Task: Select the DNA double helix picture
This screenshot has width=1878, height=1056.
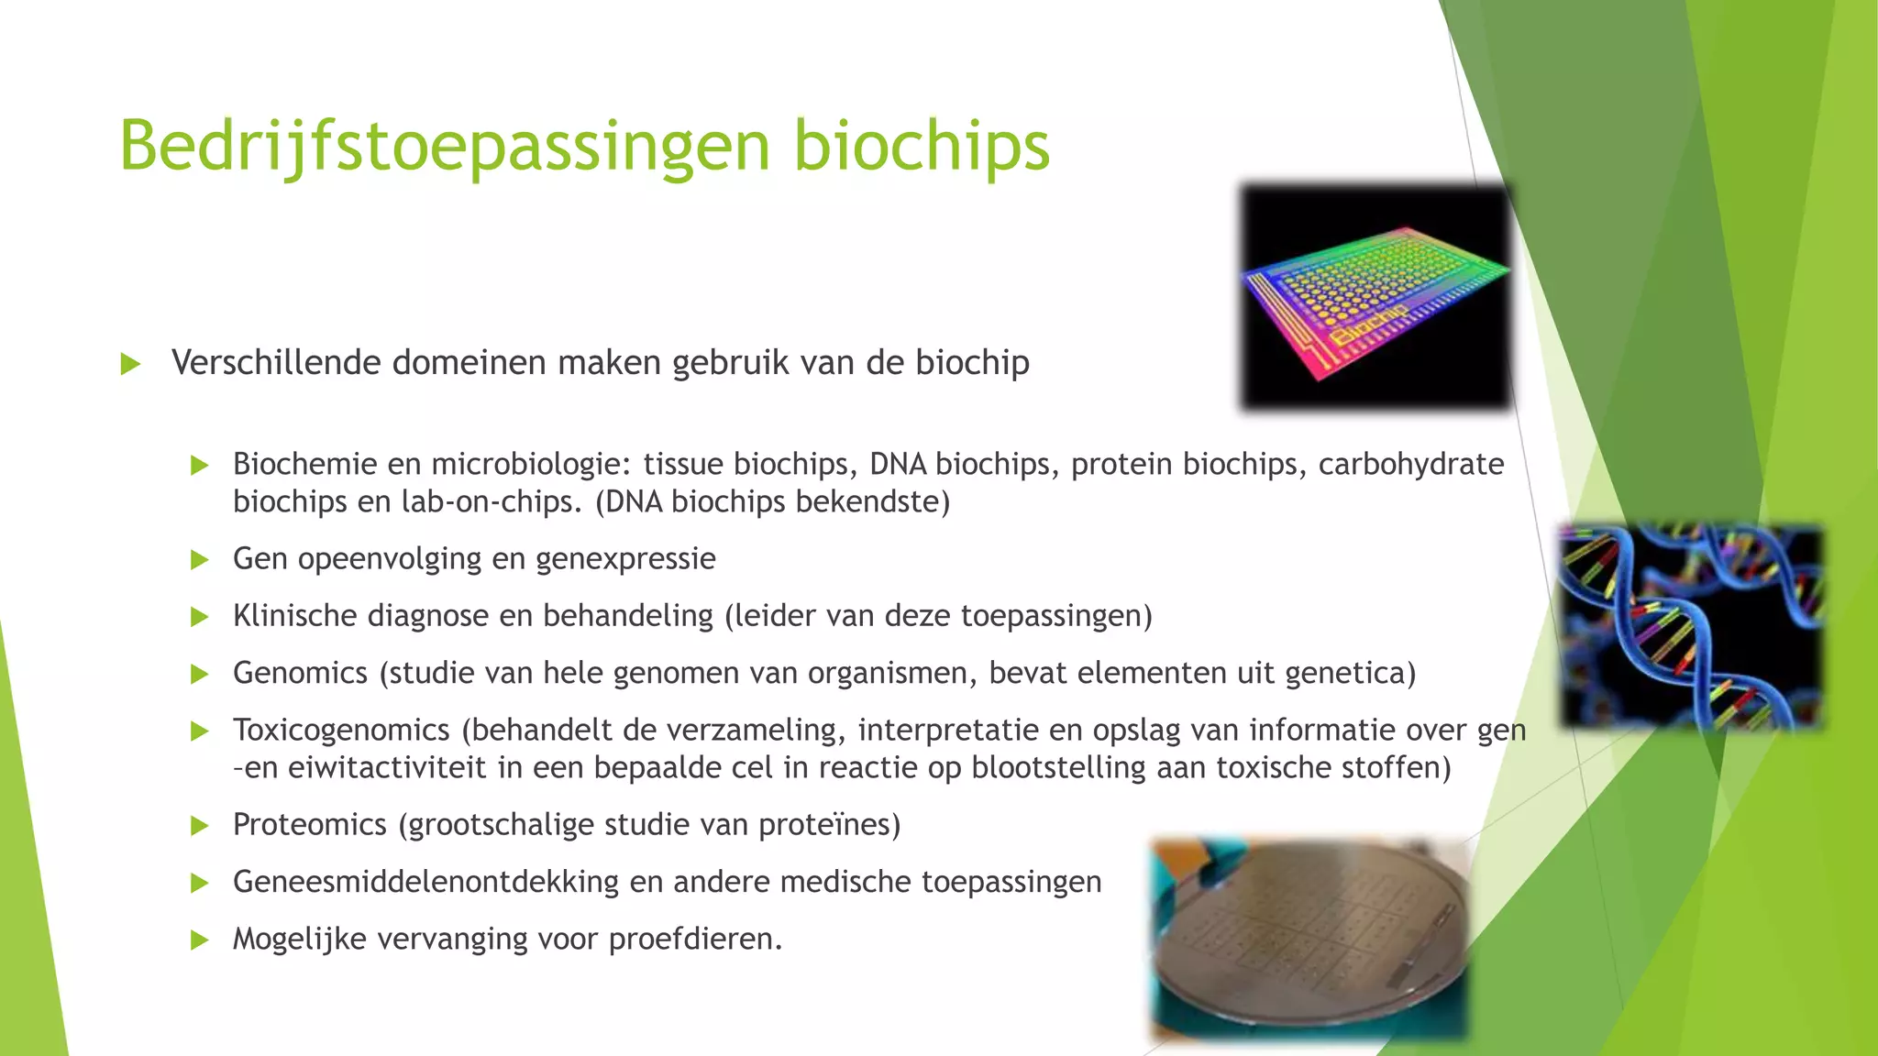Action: click(1692, 626)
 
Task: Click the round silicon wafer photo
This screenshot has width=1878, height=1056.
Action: click(1309, 940)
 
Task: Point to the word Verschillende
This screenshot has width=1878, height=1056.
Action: click(276, 363)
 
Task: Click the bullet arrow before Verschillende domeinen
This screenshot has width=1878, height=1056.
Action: click(130, 364)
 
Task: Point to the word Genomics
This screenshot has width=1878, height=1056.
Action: click(300, 673)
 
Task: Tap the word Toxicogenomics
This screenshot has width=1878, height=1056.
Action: click(341, 730)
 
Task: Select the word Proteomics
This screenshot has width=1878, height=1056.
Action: click(309, 824)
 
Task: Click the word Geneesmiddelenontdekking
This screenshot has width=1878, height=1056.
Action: click(425, 882)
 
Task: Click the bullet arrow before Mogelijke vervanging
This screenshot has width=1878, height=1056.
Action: click(200, 940)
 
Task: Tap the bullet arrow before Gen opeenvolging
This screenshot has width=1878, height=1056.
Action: click(200, 559)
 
